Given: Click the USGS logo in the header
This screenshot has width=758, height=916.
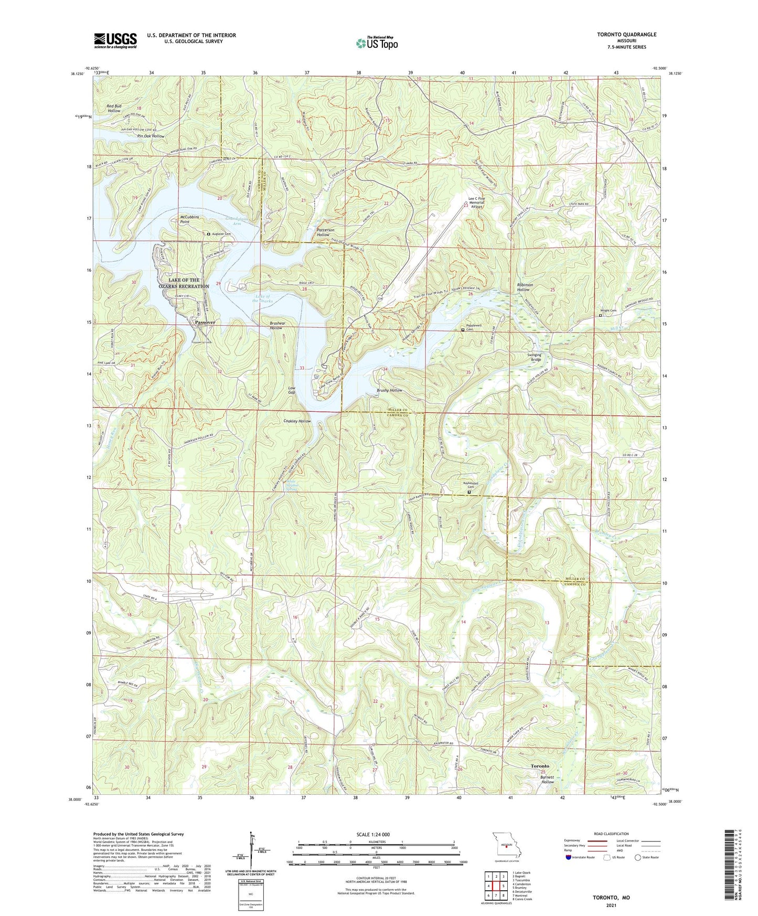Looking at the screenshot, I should [x=115, y=40].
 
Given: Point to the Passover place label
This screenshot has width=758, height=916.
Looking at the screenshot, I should [x=205, y=322].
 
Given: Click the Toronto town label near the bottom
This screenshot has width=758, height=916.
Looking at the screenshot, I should [x=540, y=766].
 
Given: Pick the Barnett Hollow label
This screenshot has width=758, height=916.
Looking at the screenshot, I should [x=548, y=779].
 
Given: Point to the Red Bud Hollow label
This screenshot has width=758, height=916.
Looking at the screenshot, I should [x=114, y=109].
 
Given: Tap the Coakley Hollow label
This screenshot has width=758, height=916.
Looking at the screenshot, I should [x=297, y=421].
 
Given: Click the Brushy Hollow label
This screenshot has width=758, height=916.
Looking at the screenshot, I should [x=389, y=391].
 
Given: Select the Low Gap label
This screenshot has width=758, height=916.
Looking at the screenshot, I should [x=292, y=390].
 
